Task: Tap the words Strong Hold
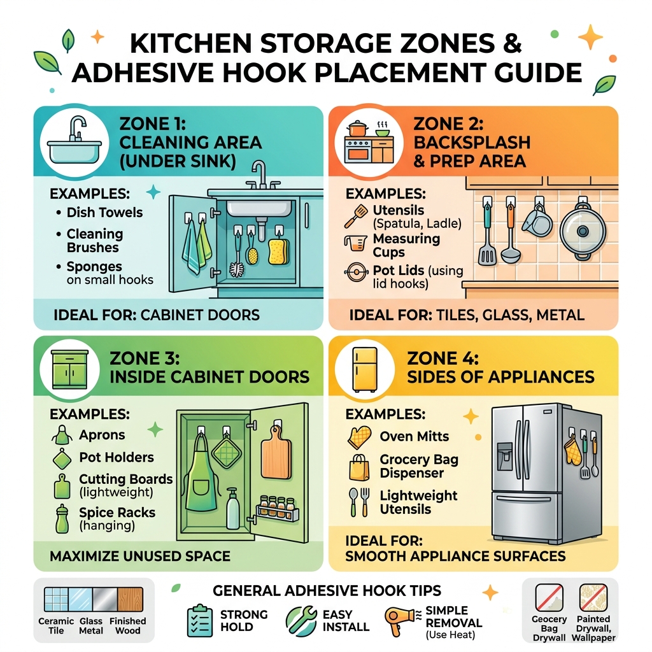243,621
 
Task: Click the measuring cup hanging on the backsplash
535,220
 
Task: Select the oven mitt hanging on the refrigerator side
572,450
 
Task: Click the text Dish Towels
104,213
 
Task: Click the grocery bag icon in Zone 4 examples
359,467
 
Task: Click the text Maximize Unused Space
140,556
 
